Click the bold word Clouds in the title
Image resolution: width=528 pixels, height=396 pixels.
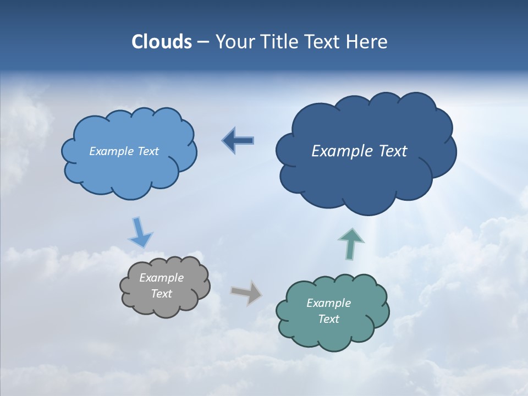coord(161,42)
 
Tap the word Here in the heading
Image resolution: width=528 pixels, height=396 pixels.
coord(368,42)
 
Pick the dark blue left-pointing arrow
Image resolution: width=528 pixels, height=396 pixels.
coord(238,141)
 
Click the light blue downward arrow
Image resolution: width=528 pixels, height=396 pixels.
coord(140,232)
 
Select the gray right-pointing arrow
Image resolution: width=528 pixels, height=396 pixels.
coord(246,292)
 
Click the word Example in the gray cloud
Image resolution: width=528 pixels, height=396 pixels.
coord(161,278)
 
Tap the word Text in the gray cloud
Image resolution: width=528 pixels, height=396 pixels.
coord(161,294)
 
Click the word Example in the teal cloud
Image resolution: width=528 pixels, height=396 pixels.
coord(328,303)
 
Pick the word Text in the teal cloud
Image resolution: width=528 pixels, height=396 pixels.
coord(328,319)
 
